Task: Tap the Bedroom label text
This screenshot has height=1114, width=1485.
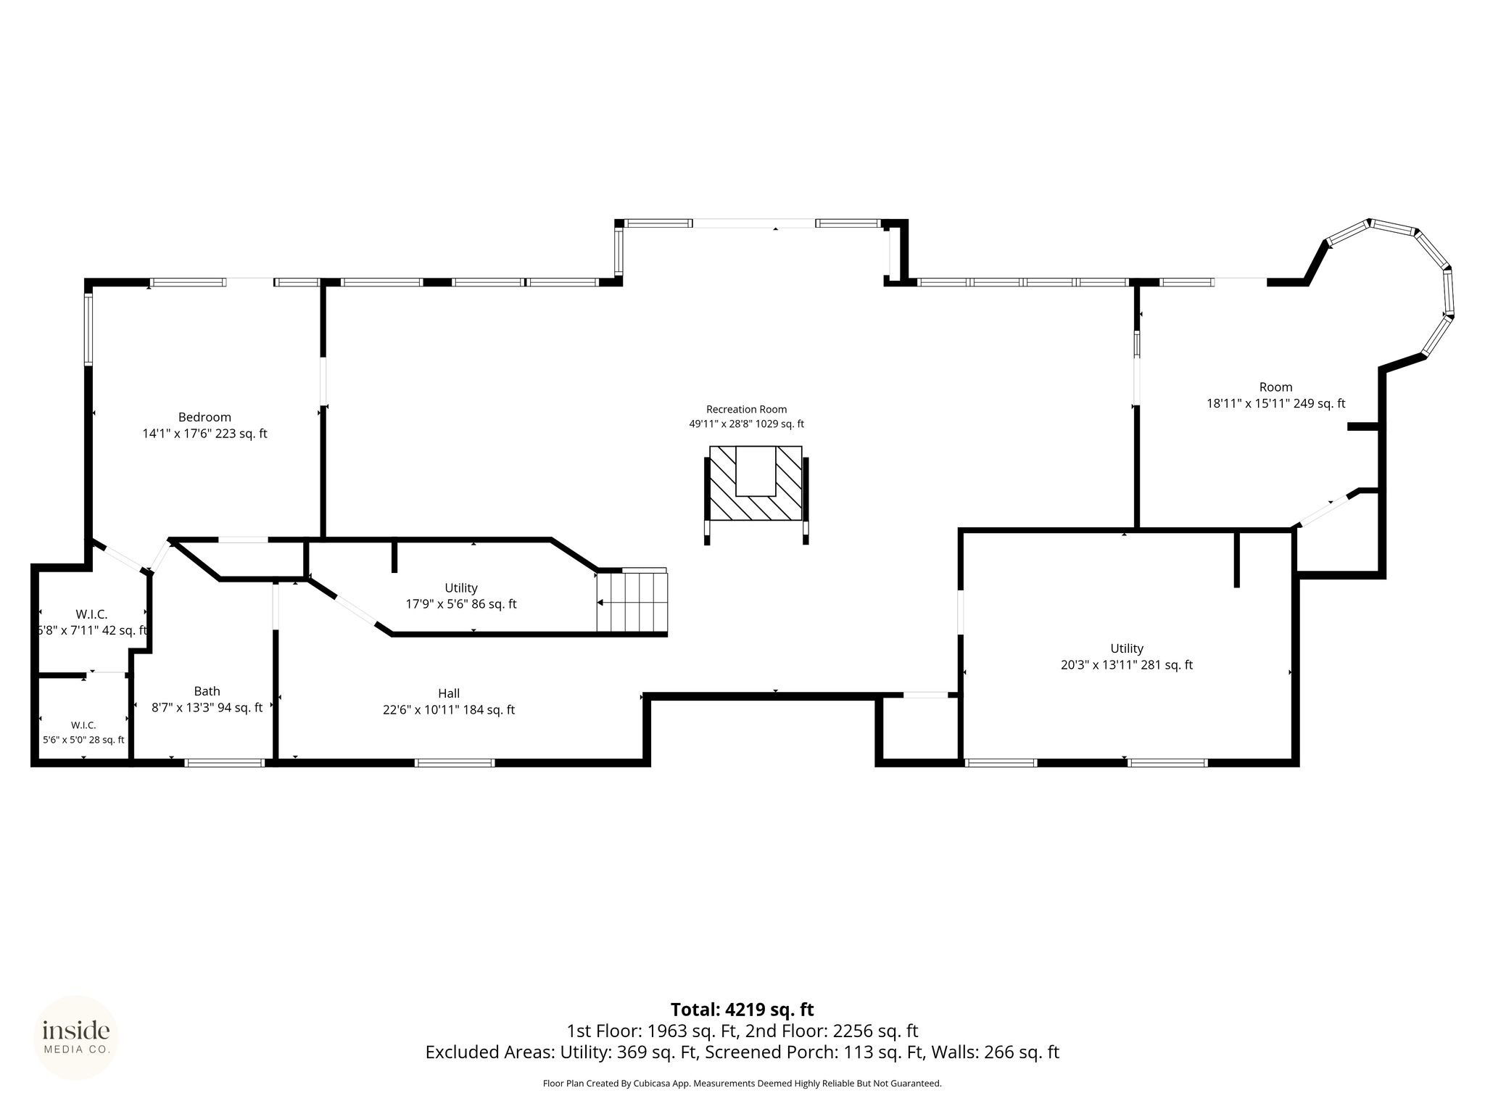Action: click(x=204, y=417)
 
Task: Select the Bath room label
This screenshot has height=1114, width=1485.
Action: click(x=207, y=691)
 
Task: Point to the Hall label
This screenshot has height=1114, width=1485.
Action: click(x=449, y=693)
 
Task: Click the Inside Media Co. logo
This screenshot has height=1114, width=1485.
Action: click(x=76, y=1037)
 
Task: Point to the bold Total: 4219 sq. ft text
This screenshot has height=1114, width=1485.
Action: click(x=742, y=1010)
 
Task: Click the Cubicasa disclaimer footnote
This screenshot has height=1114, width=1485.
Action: click(x=742, y=1084)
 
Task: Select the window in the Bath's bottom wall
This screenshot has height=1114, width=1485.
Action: click(x=225, y=763)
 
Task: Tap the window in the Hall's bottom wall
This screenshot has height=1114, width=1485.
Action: click(x=455, y=763)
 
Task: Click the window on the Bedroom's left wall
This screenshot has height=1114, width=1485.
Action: click(x=88, y=328)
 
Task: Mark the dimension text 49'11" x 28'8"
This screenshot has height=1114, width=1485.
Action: click(x=720, y=424)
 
